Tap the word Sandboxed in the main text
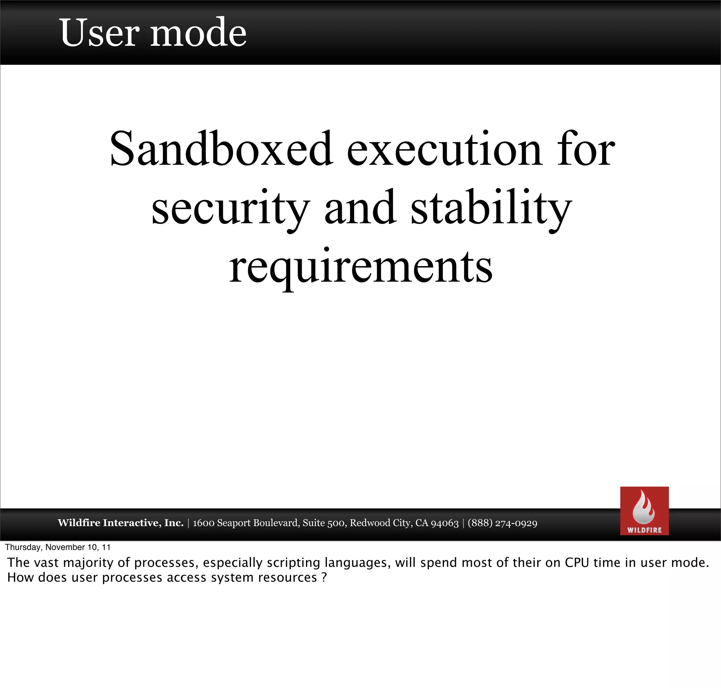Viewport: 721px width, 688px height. (x=221, y=149)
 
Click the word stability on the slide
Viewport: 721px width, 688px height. (x=491, y=208)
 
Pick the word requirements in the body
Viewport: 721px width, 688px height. (x=360, y=267)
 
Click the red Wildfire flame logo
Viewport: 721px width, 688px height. (x=644, y=511)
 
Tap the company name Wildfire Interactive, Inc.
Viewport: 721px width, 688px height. (x=121, y=523)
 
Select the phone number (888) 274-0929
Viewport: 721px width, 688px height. (x=502, y=523)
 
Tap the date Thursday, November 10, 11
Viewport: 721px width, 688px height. (x=58, y=547)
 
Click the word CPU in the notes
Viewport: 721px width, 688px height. (x=577, y=563)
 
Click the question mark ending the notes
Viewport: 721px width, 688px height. (x=324, y=577)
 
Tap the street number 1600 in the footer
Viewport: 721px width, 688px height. (x=203, y=523)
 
